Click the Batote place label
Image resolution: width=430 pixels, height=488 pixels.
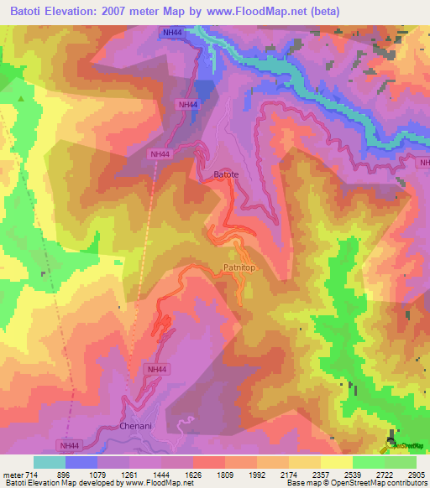click(226, 174)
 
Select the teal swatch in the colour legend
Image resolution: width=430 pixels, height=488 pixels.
click(49, 462)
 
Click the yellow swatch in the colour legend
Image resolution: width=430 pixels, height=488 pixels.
click(336, 462)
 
